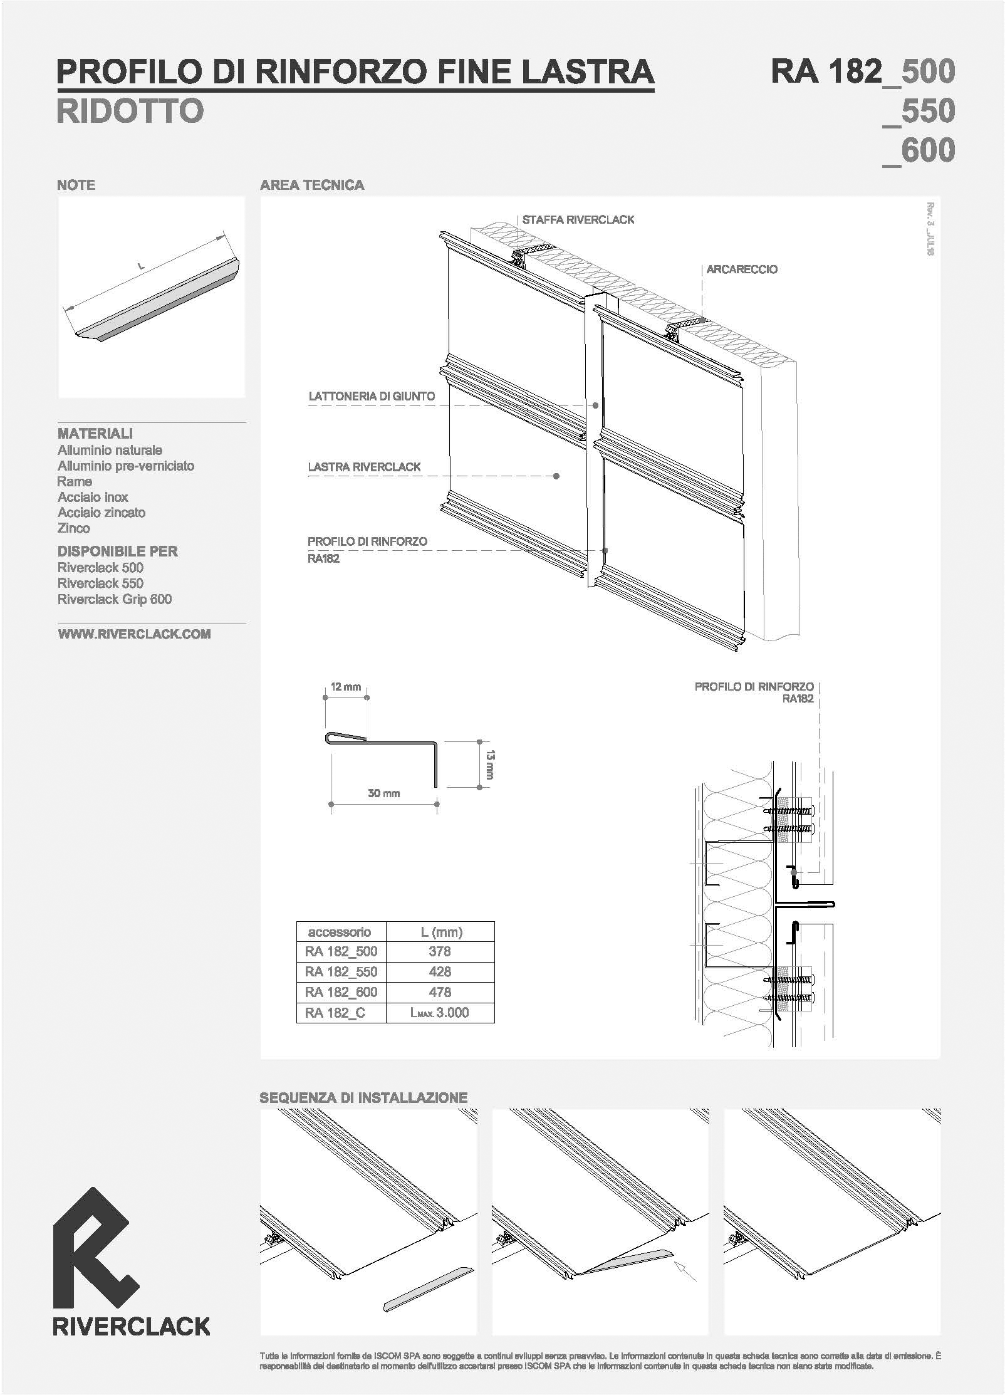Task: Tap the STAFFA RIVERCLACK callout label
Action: [x=578, y=220]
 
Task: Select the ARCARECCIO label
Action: [x=742, y=269]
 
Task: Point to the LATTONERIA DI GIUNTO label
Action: [x=372, y=396]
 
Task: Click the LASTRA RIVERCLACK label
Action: [x=364, y=467]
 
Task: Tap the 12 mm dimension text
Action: [x=346, y=687]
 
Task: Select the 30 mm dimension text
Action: [x=383, y=793]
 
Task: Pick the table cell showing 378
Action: [x=440, y=951]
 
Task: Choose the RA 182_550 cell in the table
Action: [x=341, y=972]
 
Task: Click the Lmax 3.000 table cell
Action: [x=440, y=1013]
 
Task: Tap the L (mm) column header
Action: [x=440, y=932]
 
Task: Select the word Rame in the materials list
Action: [x=75, y=481]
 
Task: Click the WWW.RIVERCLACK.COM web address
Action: [x=134, y=634]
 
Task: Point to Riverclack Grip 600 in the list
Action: [x=115, y=600]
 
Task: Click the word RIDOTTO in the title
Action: [x=130, y=110]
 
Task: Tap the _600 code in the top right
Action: [x=919, y=150]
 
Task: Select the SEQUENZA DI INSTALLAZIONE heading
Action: [x=363, y=1098]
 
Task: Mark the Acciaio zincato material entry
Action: [x=102, y=513]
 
